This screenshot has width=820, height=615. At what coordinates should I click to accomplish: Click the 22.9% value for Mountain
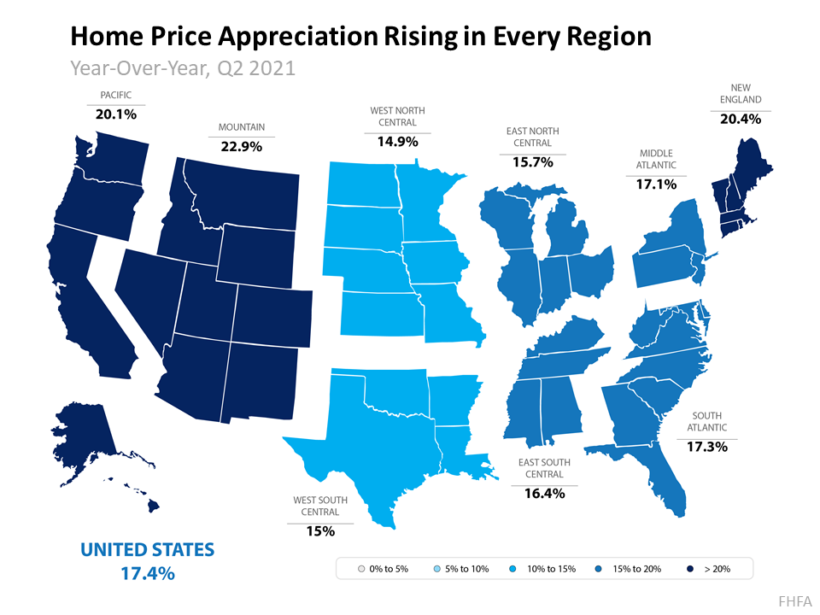click(x=241, y=146)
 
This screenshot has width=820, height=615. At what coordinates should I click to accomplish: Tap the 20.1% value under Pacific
click(x=115, y=114)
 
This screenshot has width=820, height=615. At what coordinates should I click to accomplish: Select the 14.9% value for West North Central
click(x=397, y=142)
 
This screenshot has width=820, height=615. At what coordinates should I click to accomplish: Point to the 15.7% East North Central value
click(x=532, y=161)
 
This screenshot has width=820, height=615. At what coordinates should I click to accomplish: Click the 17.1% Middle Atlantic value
click(x=656, y=183)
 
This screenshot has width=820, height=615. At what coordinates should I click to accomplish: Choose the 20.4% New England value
click(x=740, y=119)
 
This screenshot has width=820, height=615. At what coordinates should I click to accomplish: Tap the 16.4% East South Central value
click(x=544, y=493)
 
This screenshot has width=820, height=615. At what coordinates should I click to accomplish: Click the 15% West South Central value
click(x=319, y=530)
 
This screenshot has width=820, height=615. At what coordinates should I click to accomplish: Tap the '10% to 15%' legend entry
click(x=543, y=568)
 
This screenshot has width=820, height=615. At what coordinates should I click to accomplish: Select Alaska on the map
click(x=85, y=436)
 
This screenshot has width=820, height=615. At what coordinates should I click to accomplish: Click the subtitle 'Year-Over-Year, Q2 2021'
click(x=182, y=67)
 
